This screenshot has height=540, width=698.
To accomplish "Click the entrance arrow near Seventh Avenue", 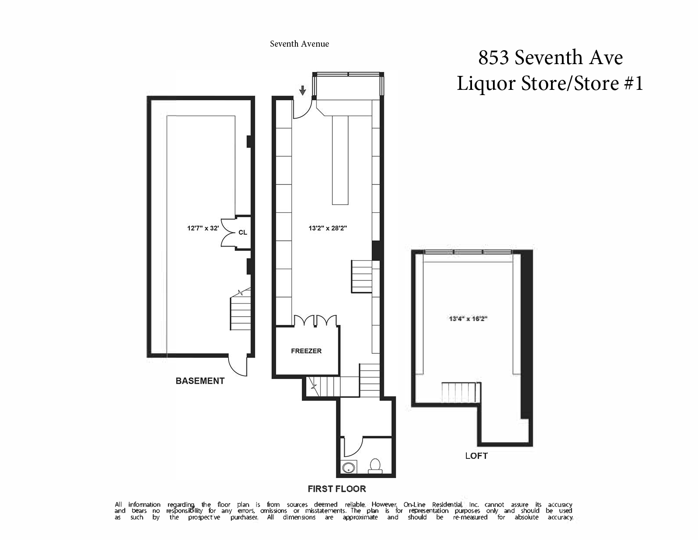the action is [302, 91].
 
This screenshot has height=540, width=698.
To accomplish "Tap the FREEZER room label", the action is [306, 351].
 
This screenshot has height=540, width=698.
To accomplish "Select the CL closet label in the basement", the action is [243, 232].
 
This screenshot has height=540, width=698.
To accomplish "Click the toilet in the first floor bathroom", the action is [375, 466].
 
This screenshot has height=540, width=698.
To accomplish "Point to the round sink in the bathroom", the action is [348, 467].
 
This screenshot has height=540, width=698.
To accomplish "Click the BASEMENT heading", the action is [200, 381].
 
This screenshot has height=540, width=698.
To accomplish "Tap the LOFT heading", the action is [476, 456].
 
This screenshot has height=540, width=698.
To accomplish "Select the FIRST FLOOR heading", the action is [337, 489].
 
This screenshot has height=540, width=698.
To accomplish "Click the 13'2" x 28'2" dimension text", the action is [328, 228].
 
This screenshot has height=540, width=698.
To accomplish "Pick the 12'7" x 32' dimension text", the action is [203, 228].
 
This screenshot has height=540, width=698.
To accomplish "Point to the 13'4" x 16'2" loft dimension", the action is [469, 319].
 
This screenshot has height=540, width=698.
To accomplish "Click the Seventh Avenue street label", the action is [299, 44].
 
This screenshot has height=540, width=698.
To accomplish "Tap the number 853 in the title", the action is [494, 58].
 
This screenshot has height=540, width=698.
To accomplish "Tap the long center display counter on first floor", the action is [340, 160].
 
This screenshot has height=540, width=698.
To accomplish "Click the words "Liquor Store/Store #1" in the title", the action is [550, 83].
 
